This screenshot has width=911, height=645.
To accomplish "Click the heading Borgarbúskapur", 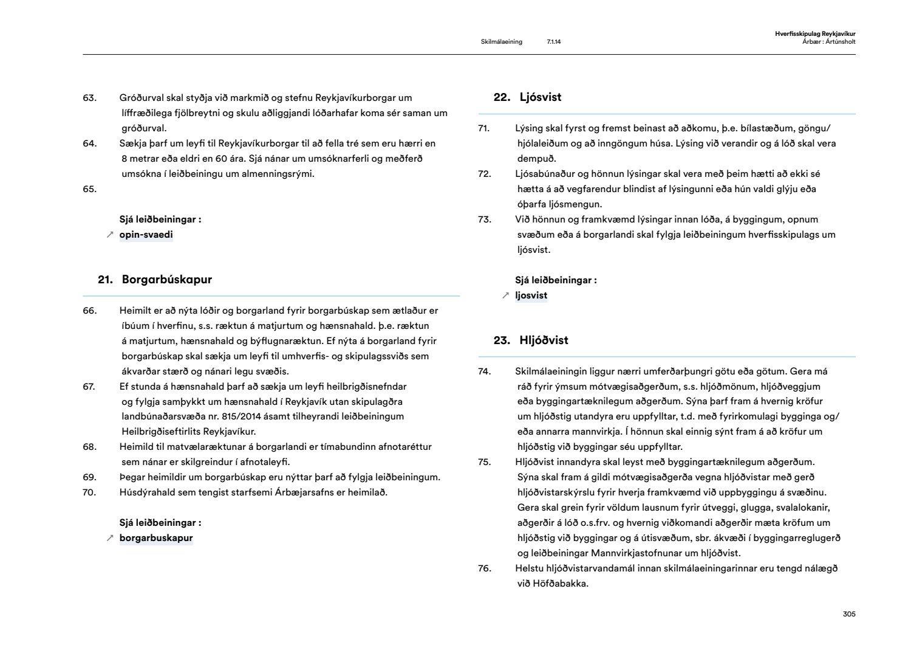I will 166,280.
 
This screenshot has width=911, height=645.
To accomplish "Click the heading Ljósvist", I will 540,97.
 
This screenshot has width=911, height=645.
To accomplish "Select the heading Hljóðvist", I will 544,340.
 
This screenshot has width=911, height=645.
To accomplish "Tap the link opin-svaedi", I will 146,235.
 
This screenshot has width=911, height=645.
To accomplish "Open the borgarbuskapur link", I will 155,538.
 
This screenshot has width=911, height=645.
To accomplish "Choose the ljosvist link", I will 531,295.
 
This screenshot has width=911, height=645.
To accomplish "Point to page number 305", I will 849,614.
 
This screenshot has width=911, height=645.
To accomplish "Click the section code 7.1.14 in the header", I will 553,42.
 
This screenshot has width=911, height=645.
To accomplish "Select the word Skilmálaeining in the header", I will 501,42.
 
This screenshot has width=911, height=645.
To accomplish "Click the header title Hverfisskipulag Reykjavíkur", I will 815,34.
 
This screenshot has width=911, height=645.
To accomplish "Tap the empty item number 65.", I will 89,189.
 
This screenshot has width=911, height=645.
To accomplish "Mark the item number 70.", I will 89,492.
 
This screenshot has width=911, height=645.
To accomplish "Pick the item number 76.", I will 484,568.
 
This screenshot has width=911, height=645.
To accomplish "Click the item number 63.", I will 89,98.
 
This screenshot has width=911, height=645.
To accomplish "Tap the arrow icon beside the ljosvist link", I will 505,296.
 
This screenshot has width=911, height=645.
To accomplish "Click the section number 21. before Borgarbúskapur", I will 105,280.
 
